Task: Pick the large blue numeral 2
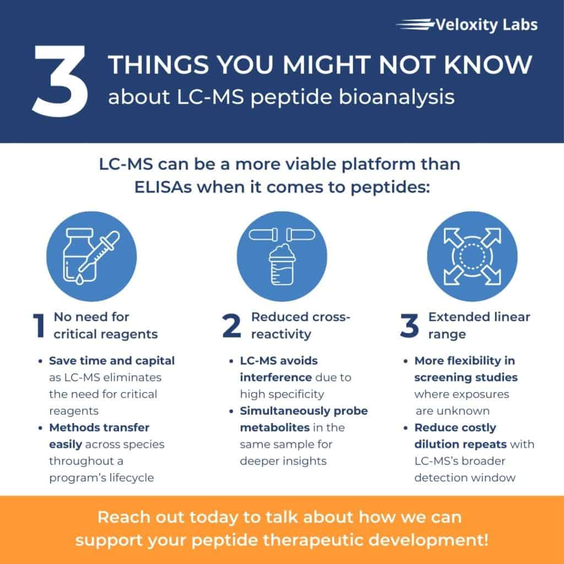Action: (231, 326)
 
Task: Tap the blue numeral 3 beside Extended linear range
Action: (409, 326)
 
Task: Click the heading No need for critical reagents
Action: (105, 326)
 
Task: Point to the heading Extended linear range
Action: (479, 326)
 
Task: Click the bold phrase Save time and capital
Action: (112, 361)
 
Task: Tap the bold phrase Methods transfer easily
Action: (99, 436)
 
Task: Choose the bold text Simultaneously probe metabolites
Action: (303, 419)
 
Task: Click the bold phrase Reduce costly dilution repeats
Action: (455, 436)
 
